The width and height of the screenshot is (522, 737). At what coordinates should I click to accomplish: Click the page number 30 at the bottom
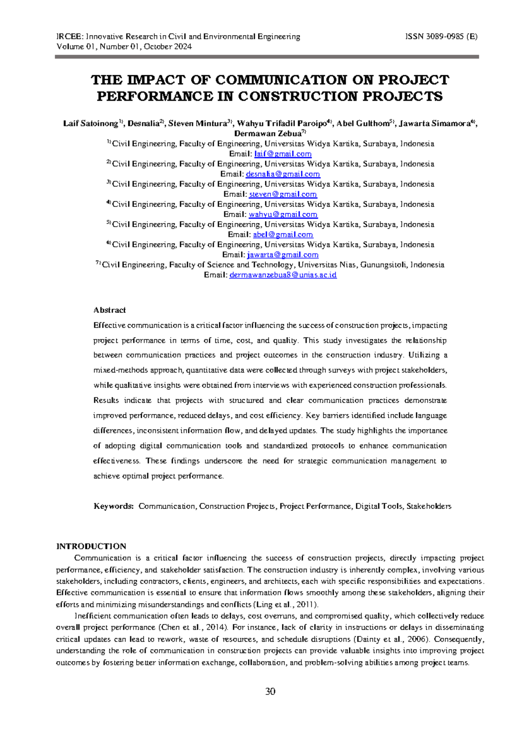pyautogui.click(x=270, y=691)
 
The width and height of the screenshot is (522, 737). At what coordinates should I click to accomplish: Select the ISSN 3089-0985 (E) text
pyautogui.click(x=441, y=37)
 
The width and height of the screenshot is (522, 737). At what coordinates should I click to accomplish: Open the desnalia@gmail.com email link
pyautogui.click(x=283, y=174)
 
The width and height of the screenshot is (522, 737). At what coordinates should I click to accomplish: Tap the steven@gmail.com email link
pyautogui.click(x=283, y=194)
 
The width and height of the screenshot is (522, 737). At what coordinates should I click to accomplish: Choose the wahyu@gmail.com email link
pyautogui.click(x=283, y=214)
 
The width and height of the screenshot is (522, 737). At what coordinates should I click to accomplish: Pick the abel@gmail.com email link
pyautogui.click(x=283, y=235)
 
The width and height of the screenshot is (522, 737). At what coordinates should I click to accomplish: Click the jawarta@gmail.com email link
pyautogui.click(x=283, y=255)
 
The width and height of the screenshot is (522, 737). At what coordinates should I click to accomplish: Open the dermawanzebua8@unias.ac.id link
pyautogui.click(x=283, y=275)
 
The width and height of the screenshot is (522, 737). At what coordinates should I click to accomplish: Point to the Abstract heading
pyautogui.click(x=110, y=310)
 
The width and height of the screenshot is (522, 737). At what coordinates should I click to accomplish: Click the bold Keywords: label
pyautogui.click(x=114, y=506)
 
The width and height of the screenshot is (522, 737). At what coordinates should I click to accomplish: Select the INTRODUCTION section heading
pyautogui.click(x=91, y=546)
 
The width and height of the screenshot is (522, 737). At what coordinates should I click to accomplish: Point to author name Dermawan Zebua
pyautogui.click(x=268, y=134)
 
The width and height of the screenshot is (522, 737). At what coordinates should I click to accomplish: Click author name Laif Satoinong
pyautogui.click(x=90, y=124)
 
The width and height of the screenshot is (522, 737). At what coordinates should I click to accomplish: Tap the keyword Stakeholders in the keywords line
pyautogui.click(x=428, y=506)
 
